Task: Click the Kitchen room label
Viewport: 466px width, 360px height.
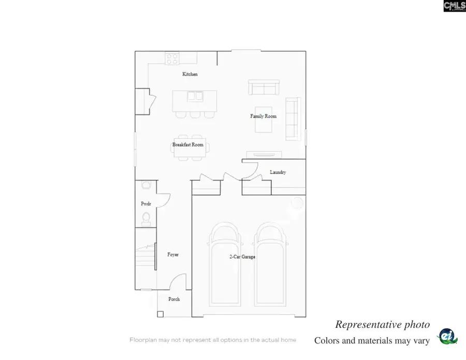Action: (190, 75)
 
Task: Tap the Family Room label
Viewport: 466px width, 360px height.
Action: (264, 117)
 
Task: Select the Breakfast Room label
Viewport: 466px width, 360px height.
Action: (188, 145)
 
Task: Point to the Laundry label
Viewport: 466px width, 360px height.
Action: (278, 172)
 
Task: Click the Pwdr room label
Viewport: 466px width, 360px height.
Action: (145, 204)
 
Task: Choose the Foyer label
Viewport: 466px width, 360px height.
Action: (173, 255)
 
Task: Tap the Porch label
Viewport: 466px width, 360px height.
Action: (174, 299)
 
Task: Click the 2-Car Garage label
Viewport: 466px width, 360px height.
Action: (242, 257)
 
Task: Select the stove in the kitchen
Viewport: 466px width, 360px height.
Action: (172, 59)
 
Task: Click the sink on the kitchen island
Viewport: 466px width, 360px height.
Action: (195, 96)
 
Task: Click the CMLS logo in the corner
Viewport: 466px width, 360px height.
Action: (454, 6)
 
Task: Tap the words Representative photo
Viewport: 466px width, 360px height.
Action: (382, 325)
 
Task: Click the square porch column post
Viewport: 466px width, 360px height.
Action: (160, 314)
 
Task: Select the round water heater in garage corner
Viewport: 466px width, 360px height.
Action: (297, 203)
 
